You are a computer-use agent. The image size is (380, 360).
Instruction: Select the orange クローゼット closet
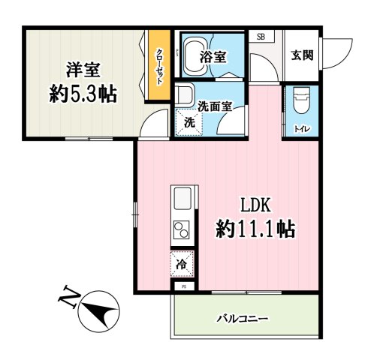[x=158, y=67]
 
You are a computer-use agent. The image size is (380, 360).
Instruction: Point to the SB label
[x=261, y=36]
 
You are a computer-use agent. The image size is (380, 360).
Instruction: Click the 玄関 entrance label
[x=303, y=55]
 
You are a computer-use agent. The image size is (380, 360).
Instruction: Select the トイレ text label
[x=302, y=128]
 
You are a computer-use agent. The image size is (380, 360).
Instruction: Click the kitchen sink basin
[x=182, y=199]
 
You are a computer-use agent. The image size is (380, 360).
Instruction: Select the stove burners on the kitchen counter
[x=182, y=228]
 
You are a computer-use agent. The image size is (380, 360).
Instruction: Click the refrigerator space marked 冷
[x=181, y=264]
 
